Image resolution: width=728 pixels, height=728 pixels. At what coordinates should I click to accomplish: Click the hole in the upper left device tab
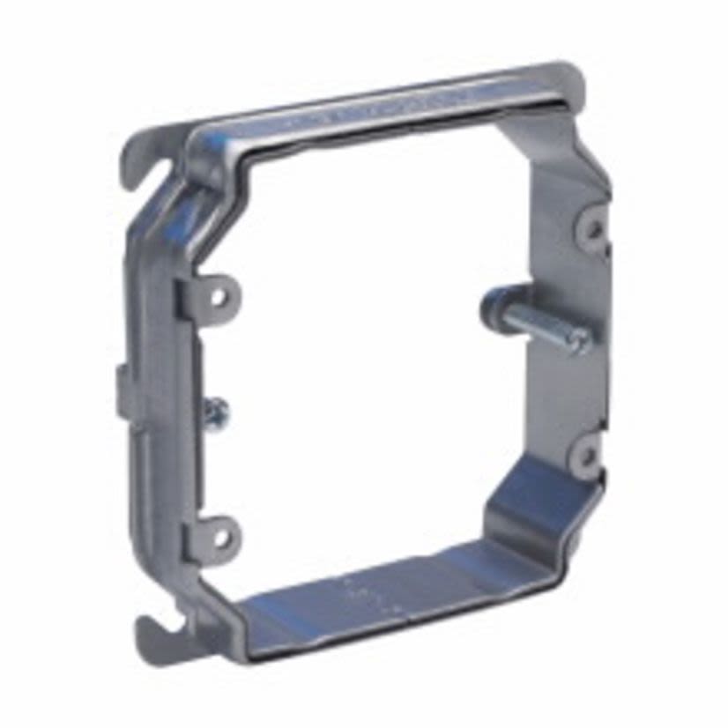coord(217,295)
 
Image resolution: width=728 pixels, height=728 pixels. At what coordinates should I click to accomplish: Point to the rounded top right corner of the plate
coord(571,78)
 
